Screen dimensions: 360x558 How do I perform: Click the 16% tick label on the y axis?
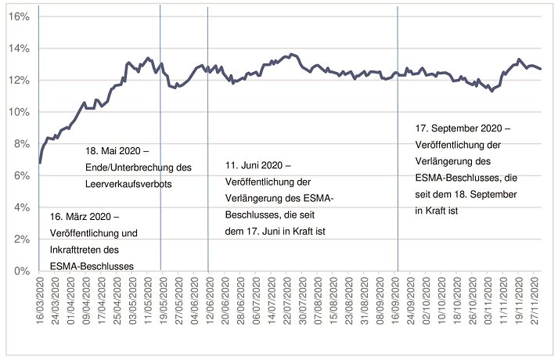coord(18,16)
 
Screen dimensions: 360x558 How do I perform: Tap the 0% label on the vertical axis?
coord(20,271)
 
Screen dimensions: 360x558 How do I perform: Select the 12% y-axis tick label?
coord(18,81)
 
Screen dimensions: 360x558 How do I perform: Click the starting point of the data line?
coord(39,163)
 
